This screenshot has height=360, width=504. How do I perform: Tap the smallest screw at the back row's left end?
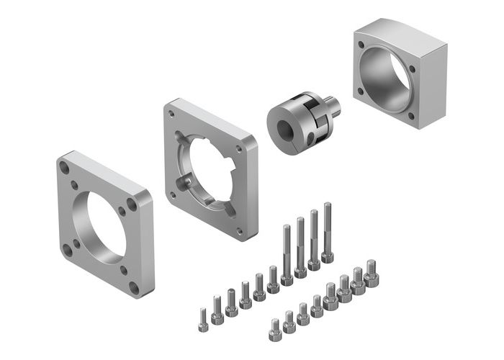(x=204, y=317)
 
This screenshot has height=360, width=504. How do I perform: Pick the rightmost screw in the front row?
(x=372, y=273)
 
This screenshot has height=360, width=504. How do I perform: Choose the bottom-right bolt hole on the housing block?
(x=411, y=115)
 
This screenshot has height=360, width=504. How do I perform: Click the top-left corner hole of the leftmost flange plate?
(x=65, y=168)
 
